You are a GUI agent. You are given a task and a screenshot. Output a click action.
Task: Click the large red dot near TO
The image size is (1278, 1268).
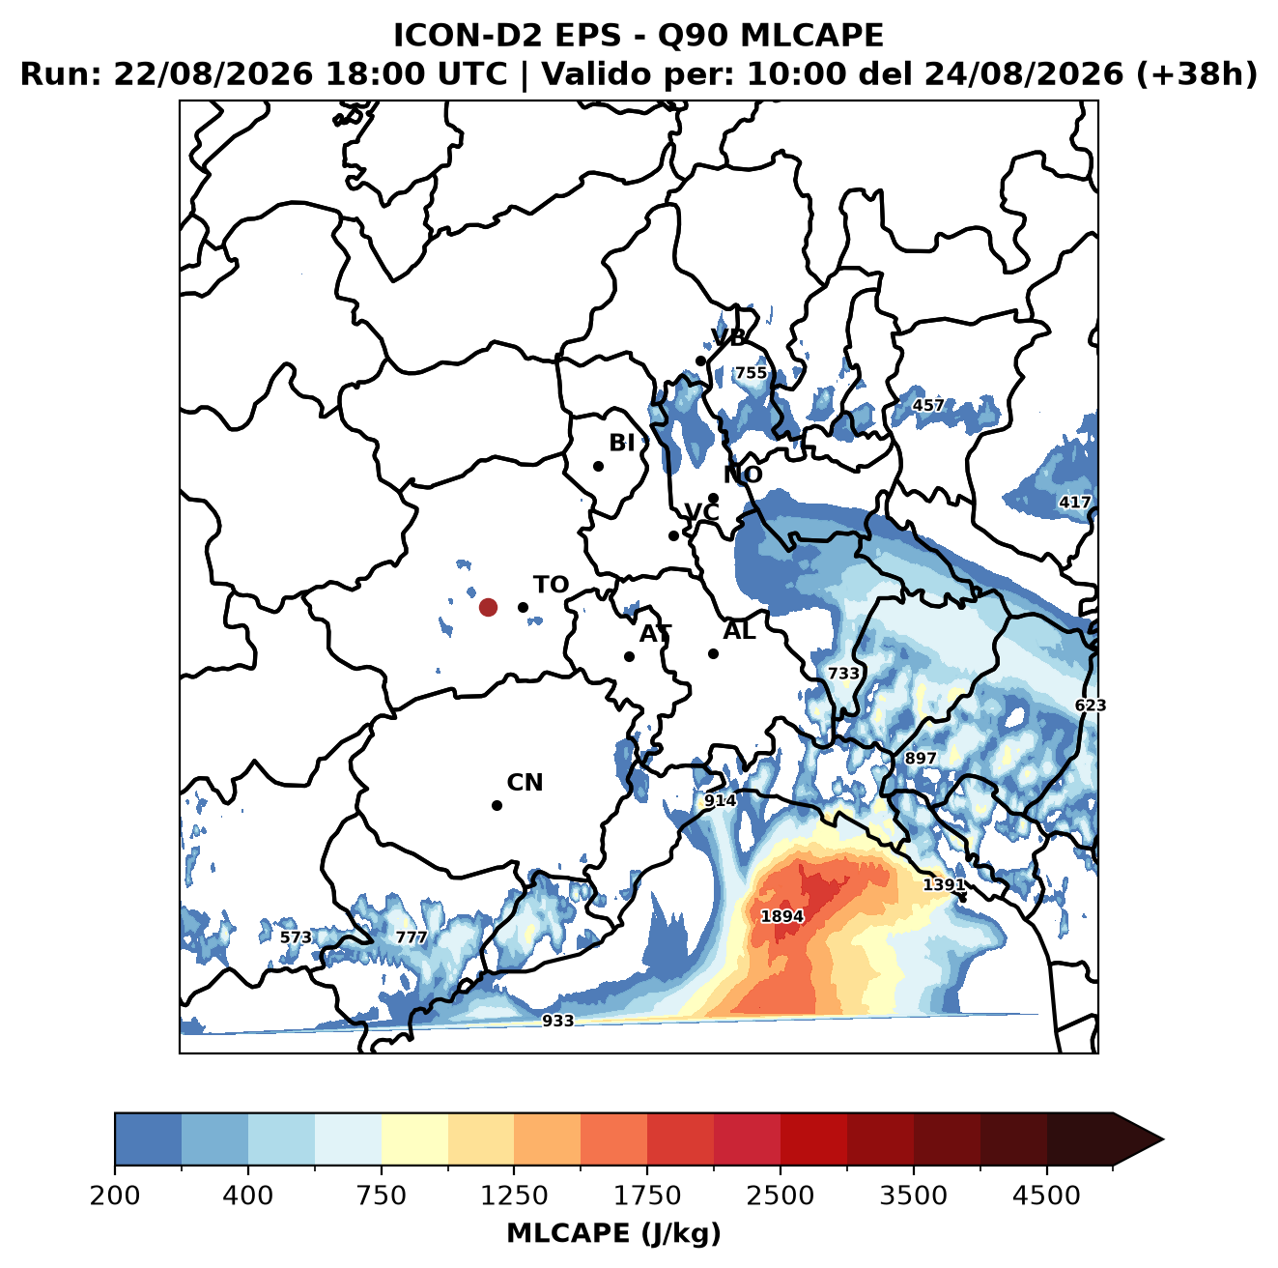click(488, 607)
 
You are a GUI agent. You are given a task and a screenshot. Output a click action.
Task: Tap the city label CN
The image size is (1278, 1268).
click(525, 783)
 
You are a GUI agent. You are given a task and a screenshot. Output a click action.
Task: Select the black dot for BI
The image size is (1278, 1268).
click(598, 466)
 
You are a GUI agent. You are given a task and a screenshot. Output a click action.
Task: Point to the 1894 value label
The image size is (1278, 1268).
click(781, 916)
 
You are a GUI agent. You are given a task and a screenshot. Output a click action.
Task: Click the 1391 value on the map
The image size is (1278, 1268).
click(943, 884)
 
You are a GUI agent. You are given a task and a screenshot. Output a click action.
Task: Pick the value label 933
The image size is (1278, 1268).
click(557, 1021)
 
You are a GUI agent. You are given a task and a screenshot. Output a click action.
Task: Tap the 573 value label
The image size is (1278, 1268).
click(296, 937)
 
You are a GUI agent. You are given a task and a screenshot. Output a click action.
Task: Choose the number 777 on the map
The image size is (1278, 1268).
click(412, 937)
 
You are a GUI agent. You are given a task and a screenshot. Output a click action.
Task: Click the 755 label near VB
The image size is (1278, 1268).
click(751, 373)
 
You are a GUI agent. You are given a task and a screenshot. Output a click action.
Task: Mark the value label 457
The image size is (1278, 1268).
click(927, 405)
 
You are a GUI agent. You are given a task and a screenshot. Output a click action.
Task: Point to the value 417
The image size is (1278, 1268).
click(1074, 503)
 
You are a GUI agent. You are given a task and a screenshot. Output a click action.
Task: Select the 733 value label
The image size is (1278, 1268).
click(843, 674)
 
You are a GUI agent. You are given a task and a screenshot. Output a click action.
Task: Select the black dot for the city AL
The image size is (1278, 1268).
click(713, 653)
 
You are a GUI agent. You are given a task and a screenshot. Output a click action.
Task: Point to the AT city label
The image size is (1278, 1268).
click(655, 634)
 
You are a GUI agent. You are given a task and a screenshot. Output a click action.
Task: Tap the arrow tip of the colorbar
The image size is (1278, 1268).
click(1163, 1139)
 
